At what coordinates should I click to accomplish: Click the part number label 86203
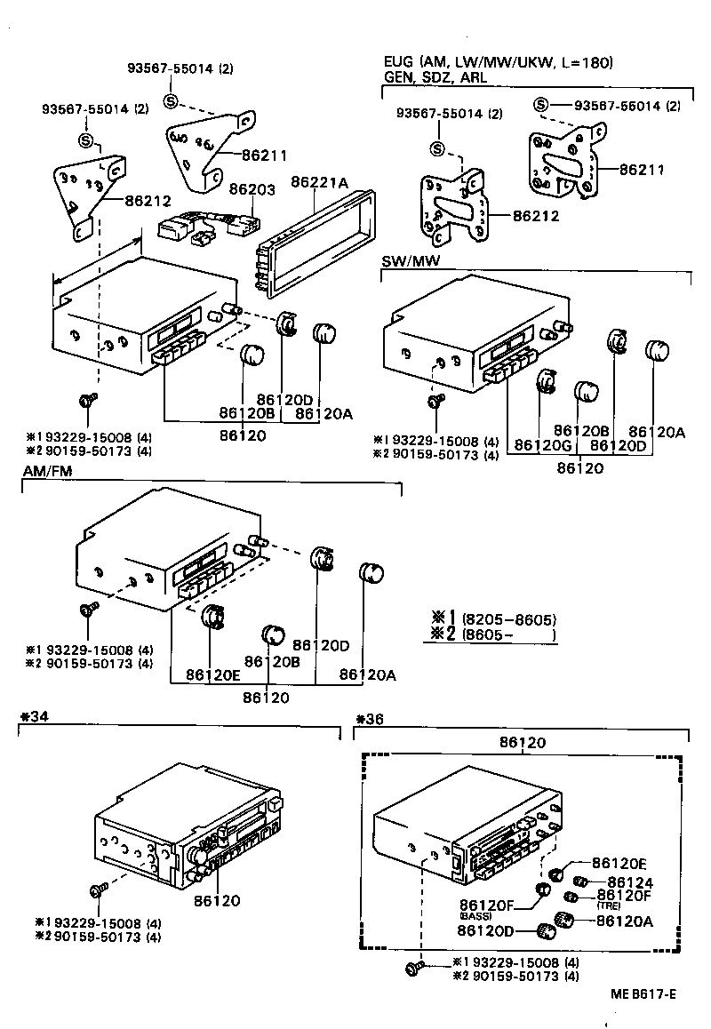click(x=252, y=189)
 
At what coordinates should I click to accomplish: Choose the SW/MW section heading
click(x=411, y=260)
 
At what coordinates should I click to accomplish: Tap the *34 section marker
click(x=32, y=717)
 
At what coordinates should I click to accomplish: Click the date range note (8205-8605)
click(x=507, y=619)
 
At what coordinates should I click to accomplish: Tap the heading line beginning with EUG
click(x=498, y=62)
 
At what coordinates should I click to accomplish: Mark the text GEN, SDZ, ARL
click(x=435, y=77)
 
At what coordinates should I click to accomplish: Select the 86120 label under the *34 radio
click(x=216, y=900)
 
